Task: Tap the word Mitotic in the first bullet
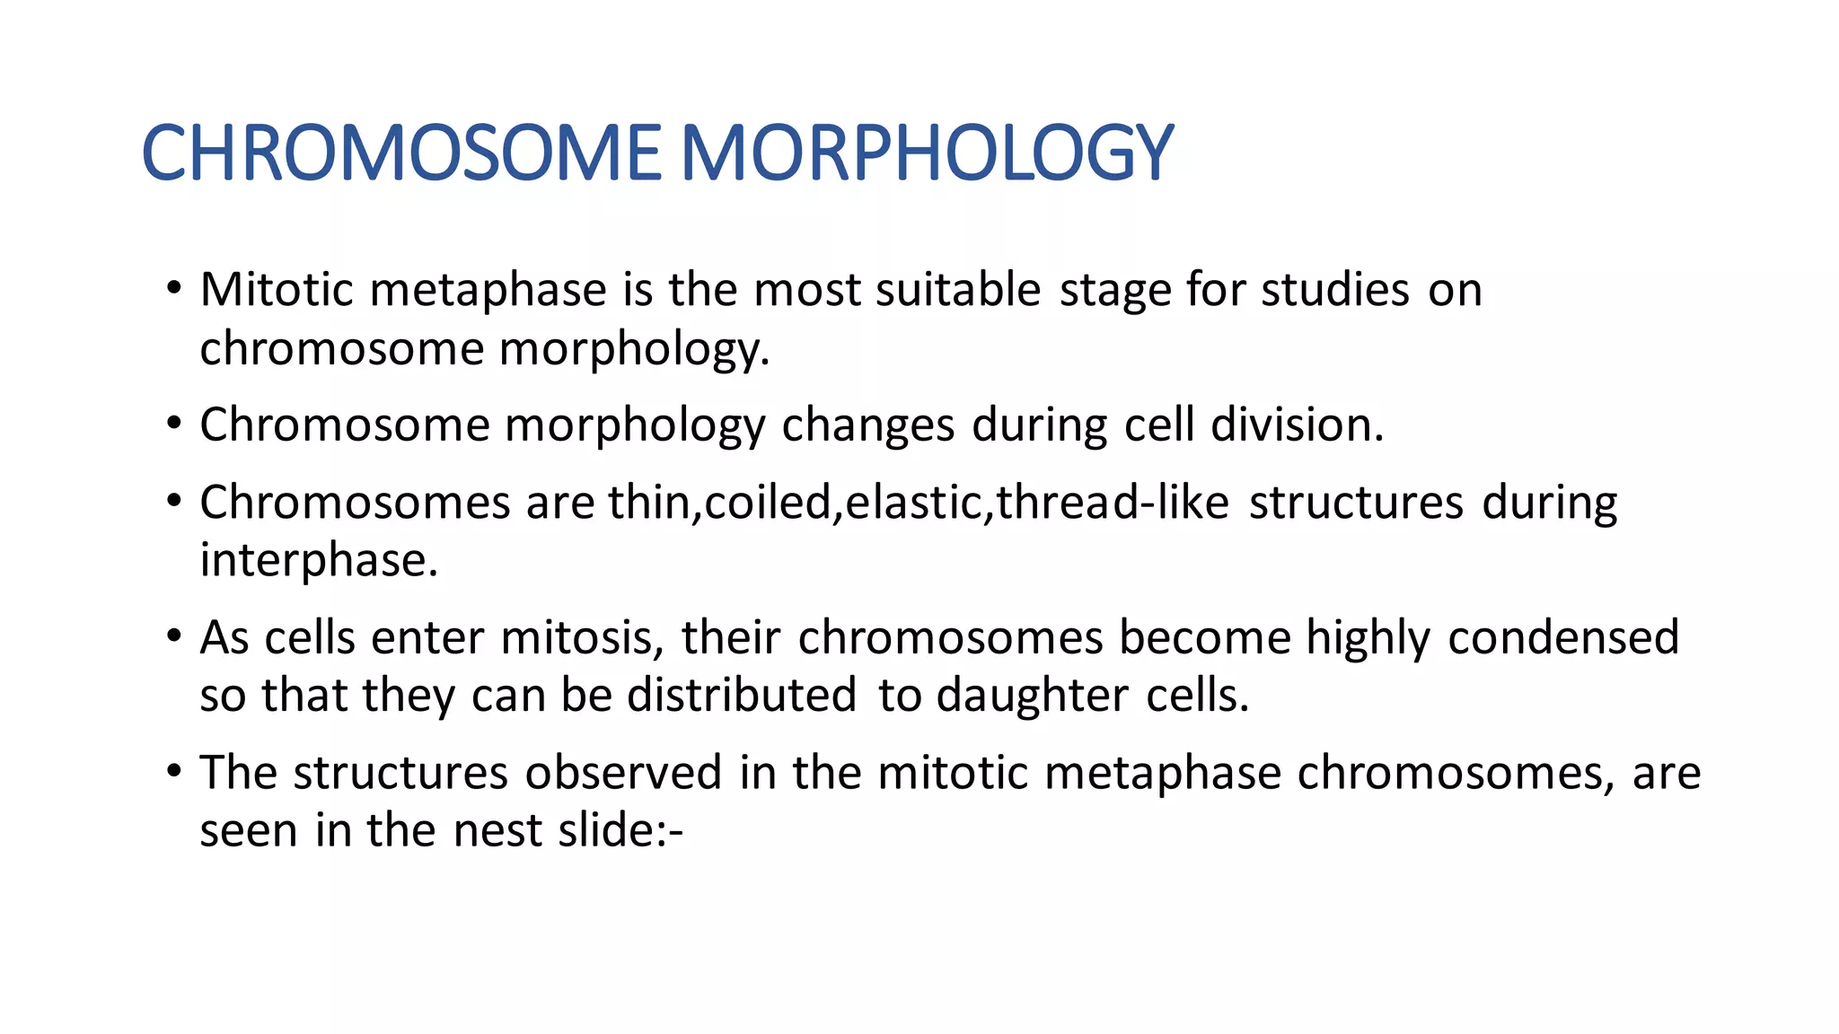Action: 276,290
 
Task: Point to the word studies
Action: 1334,290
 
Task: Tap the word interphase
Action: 317,561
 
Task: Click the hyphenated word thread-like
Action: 1113,502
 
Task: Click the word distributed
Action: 741,696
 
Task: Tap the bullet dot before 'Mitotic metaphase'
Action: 173,289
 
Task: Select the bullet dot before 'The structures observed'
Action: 173,771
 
